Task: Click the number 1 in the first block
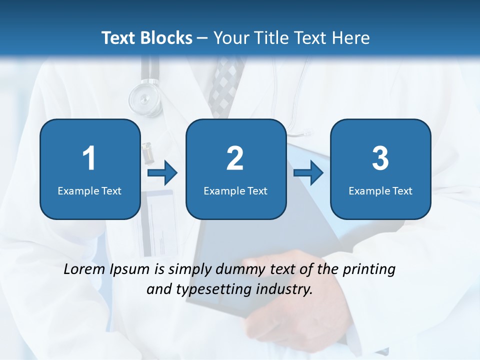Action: coord(89,158)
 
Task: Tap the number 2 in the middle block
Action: coord(235,158)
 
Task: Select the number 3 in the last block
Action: coord(380,158)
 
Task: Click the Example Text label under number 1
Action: coord(89,190)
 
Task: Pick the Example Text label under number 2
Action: coord(235,190)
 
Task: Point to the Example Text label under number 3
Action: coord(380,190)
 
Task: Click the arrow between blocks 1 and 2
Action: coord(162,173)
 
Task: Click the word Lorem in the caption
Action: coord(84,269)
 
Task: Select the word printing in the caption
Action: coord(369,269)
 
